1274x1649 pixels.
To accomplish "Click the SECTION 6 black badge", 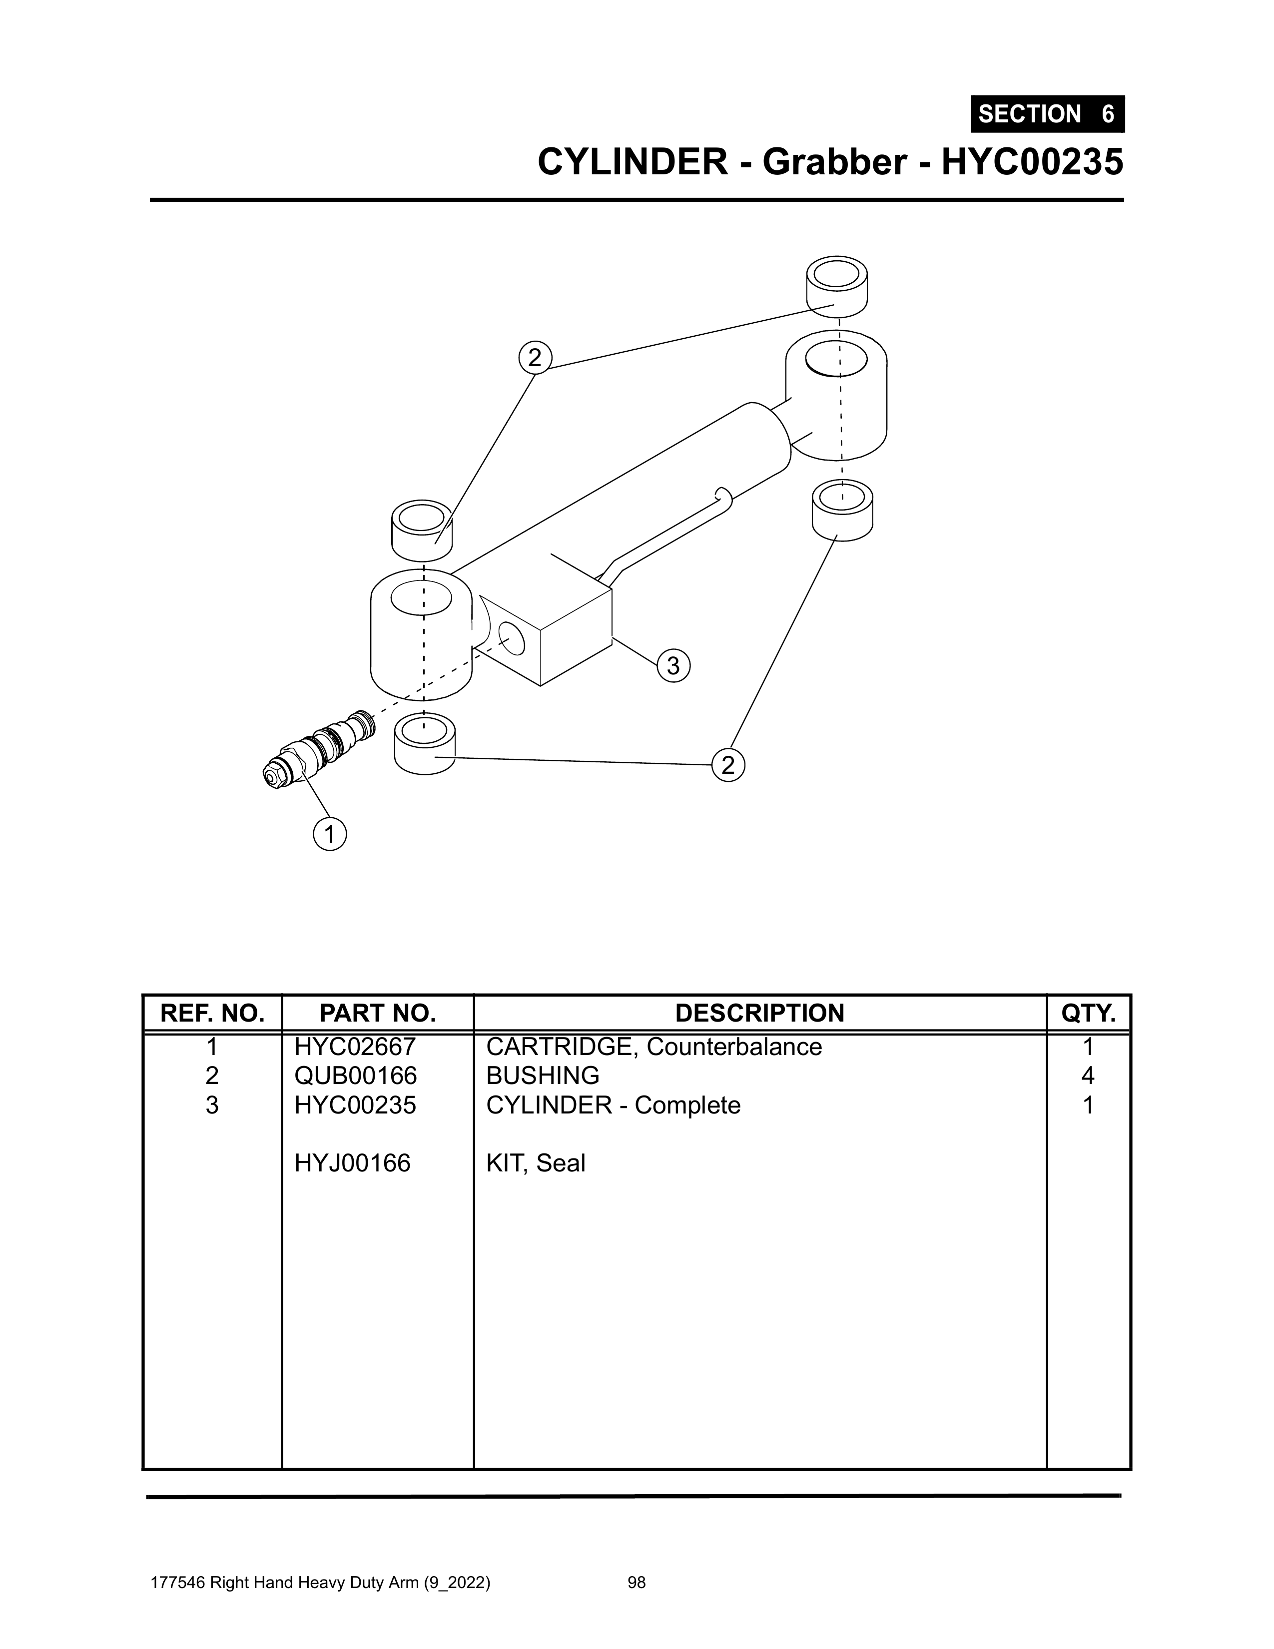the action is coord(1048,114).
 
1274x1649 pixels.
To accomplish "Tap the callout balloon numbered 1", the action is coord(329,834).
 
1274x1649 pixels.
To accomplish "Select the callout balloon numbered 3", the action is coord(673,665).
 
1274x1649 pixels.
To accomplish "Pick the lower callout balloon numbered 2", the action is coord(728,765).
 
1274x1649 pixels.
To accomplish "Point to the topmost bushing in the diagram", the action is coord(837,287).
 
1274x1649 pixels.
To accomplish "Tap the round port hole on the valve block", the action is coord(511,639).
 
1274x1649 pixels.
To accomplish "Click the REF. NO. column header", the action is coord(212,1013).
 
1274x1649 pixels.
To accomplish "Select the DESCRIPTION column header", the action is coord(760,1013).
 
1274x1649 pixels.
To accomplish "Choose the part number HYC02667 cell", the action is coord(355,1047).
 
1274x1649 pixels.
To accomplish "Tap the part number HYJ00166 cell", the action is coord(353,1163).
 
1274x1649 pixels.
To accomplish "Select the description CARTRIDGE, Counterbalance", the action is coord(654,1047).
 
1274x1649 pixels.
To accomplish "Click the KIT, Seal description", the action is coord(536,1163).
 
